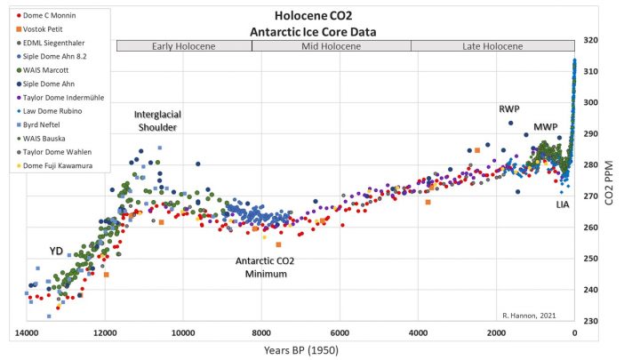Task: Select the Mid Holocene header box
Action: click(332, 45)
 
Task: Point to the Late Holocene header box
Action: click(492, 45)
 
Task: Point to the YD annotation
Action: click(56, 250)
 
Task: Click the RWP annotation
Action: click(508, 109)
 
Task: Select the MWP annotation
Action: click(545, 127)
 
